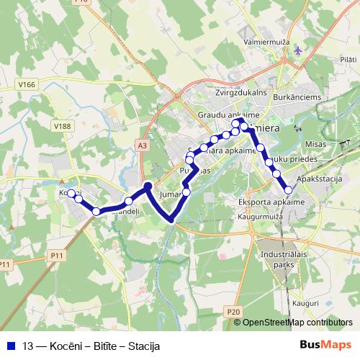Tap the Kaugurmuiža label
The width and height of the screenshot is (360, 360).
[x=258, y=215]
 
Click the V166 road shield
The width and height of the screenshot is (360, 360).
[x=27, y=84]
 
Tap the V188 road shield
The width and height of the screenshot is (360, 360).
[x=63, y=125]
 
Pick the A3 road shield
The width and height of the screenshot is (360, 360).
[x=142, y=145]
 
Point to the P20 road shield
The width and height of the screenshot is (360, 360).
[x=231, y=311]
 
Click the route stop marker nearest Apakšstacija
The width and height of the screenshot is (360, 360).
[x=289, y=189]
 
